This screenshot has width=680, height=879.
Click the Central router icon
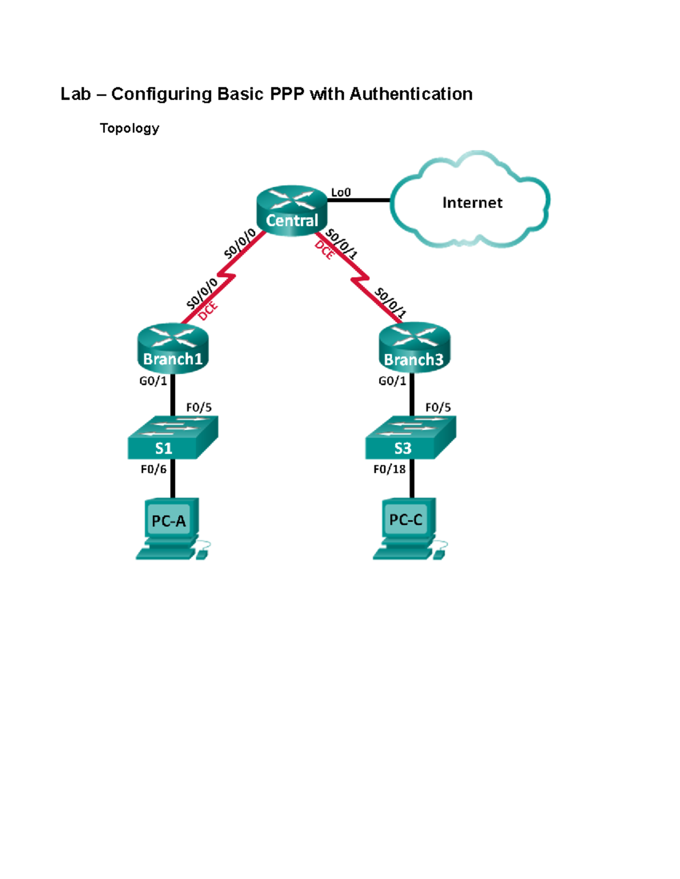pyautogui.click(x=292, y=210)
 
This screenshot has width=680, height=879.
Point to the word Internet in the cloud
pyautogui.click(x=472, y=203)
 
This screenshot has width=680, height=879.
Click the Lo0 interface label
pyautogui.click(x=341, y=192)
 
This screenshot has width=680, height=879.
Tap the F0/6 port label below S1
pyautogui.click(x=154, y=469)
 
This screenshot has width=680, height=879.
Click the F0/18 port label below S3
pyautogui.click(x=389, y=469)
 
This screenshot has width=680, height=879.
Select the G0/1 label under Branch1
pyautogui.click(x=153, y=381)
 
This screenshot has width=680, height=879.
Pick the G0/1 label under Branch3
pyautogui.click(x=392, y=381)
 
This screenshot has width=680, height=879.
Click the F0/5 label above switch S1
pyautogui.click(x=199, y=408)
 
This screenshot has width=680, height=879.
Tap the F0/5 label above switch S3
pyautogui.click(x=438, y=408)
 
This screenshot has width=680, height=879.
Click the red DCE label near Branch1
pyautogui.click(x=208, y=311)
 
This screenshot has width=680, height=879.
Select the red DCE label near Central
pyautogui.click(x=325, y=250)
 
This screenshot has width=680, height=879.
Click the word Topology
pyautogui.click(x=129, y=128)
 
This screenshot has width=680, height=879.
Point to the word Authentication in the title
pyautogui.click(x=411, y=94)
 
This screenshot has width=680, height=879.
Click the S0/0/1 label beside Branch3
pyautogui.click(x=390, y=302)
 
